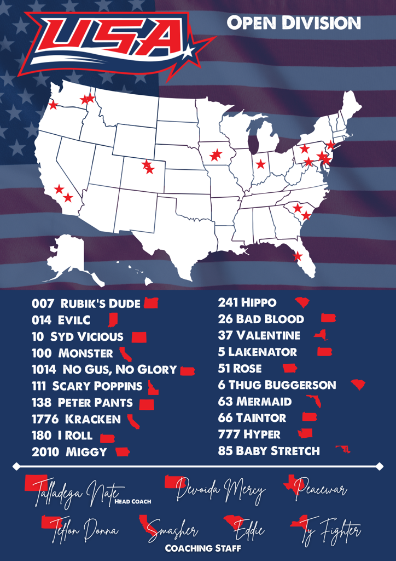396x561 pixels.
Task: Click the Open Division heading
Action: pyautogui.click(x=294, y=23)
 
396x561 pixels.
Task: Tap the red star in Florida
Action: pyautogui.click(x=298, y=256)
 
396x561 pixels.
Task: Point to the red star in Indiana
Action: pyautogui.click(x=261, y=164)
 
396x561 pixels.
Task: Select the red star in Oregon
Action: pyautogui.click(x=53, y=105)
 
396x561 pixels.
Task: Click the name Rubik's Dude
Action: pyautogui.click(x=100, y=304)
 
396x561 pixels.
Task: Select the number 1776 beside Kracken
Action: pyautogui.click(x=46, y=419)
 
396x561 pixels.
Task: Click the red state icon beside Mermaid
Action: pyautogui.click(x=313, y=402)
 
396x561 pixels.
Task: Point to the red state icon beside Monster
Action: pyautogui.click(x=125, y=353)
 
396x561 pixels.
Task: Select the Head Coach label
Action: pyautogui.click(x=133, y=501)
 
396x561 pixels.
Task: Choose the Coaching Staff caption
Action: pyautogui.click(x=203, y=548)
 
